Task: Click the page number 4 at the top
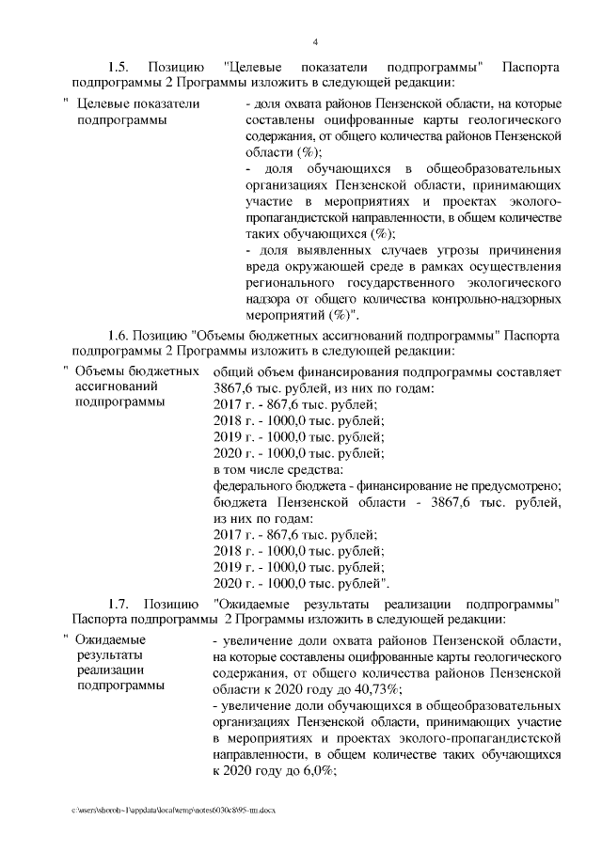tap(315, 42)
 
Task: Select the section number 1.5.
tap(120, 69)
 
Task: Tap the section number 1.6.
tap(120, 335)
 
